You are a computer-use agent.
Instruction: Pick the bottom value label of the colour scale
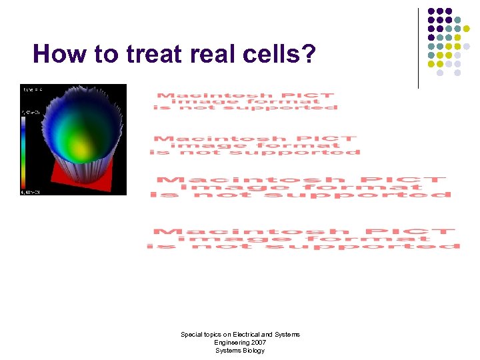click(31, 192)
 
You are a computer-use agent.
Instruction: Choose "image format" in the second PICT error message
click(253, 145)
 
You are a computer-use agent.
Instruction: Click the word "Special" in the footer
click(193, 335)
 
